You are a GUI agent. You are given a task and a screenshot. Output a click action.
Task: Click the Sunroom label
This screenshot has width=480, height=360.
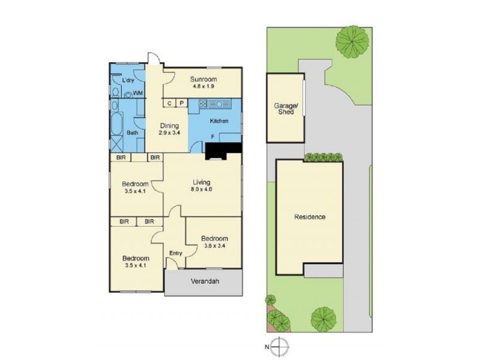tap(204, 79)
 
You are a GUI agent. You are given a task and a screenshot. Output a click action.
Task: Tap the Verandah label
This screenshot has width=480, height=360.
tap(204, 281)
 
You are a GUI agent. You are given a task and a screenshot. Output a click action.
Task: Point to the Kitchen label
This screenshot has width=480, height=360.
tap(219, 121)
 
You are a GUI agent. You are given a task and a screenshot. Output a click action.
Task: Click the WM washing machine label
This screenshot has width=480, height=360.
tap(138, 93)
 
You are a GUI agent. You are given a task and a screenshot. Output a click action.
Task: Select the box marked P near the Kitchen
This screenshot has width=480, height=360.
tap(181, 103)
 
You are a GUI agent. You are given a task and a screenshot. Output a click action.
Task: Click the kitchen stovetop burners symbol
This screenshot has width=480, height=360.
tap(203, 103)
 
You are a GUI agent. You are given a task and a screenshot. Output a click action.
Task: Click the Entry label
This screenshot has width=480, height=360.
tap(175, 253)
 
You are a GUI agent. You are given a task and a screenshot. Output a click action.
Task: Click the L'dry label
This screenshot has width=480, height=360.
tap(127, 80)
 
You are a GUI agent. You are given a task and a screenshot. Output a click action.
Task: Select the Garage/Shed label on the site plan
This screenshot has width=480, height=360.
tap(284, 109)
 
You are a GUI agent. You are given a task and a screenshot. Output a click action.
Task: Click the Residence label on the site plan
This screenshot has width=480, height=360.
tap(310, 217)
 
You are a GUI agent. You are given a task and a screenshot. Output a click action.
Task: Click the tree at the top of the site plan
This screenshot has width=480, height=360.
tap(348, 41)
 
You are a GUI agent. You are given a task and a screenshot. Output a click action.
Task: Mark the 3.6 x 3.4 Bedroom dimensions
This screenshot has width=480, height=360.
tap(214, 245)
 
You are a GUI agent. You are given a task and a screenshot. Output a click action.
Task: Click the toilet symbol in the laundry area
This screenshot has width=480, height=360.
tap(115, 92)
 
